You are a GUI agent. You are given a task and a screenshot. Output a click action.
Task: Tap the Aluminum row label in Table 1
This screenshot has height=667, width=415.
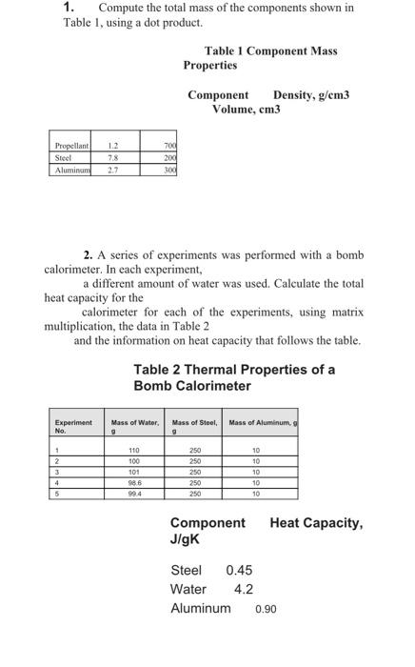tap(72, 170)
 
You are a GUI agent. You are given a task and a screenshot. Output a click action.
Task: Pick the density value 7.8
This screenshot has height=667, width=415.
tap(112, 157)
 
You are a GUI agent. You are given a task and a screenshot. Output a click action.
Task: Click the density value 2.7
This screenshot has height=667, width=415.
tap(112, 170)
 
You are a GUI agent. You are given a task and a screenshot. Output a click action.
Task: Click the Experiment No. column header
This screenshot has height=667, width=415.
tap(73, 425)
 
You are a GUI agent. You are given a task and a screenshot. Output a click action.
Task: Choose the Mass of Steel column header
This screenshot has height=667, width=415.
tap(195, 425)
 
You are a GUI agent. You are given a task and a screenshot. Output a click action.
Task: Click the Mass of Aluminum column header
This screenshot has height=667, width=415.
tap(263, 422)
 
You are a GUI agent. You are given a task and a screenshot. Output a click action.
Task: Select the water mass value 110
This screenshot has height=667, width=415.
tap(134, 450)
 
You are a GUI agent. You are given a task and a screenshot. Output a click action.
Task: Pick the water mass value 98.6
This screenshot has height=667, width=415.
tap(134, 483)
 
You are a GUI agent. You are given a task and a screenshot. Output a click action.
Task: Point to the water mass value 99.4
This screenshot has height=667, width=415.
tap(134, 495)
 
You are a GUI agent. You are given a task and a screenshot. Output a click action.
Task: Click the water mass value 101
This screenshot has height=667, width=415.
tap(134, 472)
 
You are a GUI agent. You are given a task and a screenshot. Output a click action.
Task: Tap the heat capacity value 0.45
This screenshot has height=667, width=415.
tap(239, 570)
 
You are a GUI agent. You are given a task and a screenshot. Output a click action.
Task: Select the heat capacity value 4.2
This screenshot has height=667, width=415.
tap(243, 589)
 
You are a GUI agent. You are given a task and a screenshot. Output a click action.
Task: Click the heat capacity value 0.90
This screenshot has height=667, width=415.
tap(266, 608)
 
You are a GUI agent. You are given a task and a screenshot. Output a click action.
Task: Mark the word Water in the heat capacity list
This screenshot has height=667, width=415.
tap(188, 589)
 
